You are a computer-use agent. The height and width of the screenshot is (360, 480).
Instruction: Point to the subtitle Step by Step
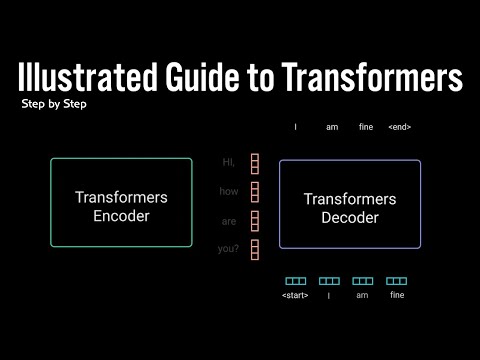52,104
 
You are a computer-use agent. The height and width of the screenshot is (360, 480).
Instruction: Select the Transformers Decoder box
350,204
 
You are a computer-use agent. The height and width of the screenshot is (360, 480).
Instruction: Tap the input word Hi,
229,162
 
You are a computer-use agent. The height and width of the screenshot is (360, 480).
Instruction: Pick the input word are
229,220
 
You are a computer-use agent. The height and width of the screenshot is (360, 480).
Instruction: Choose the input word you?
229,248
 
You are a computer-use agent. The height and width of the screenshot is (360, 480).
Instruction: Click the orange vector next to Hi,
255,163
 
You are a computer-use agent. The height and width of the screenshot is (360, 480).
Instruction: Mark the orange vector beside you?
255,249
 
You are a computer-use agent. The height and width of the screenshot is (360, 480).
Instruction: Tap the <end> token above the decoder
399,127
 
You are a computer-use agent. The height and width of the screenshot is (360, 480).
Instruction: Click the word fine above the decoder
366,127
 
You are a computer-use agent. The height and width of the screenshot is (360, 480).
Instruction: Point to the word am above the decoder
331,127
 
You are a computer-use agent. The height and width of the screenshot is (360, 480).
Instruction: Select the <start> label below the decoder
296,295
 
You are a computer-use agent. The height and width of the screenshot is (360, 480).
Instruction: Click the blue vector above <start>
296,281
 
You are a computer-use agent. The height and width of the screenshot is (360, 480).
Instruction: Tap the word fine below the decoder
396,295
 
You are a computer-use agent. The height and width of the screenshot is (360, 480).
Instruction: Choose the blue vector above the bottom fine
396,281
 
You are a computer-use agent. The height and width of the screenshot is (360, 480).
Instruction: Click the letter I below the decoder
329,295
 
